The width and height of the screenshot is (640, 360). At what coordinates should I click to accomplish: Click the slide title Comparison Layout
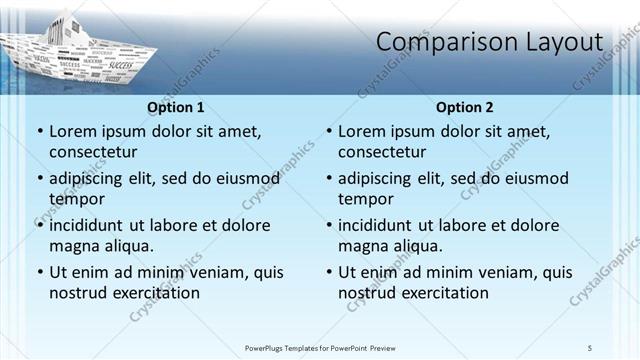pyautogui.click(x=489, y=42)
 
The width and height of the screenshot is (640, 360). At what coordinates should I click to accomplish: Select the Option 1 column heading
pyautogui.click(x=175, y=107)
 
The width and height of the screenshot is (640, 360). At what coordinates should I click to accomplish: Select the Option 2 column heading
pyautogui.click(x=465, y=107)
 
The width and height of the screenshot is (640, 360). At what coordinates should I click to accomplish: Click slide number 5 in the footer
pyautogui.click(x=590, y=347)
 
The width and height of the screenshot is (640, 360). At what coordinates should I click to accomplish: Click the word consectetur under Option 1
pyautogui.click(x=93, y=152)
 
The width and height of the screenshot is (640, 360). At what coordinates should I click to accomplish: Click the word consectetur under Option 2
pyautogui.click(x=382, y=152)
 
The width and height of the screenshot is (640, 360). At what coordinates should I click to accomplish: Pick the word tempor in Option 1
pyautogui.click(x=77, y=199)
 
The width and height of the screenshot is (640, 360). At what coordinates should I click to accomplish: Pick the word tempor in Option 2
pyautogui.click(x=366, y=199)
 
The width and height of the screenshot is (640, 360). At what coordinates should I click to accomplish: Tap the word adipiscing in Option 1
pyautogui.click(x=88, y=179)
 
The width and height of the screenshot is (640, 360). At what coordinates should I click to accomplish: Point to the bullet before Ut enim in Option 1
pyautogui.click(x=39, y=272)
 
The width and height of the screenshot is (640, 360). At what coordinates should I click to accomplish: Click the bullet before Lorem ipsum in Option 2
pyautogui.click(x=328, y=131)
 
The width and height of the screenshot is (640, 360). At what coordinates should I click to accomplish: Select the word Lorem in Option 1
pyautogui.click(x=72, y=131)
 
